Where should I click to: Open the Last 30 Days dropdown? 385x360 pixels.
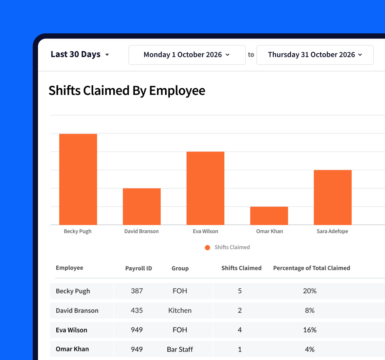click(x=80, y=54)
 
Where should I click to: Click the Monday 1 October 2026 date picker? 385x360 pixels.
click(x=187, y=55)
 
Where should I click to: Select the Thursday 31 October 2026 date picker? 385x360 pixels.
click(x=315, y=55)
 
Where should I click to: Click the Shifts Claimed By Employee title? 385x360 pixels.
click(x=127, y=91)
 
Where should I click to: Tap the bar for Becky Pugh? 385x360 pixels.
click(x=78, y=179)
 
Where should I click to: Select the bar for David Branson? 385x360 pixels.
click(x=142, y=207)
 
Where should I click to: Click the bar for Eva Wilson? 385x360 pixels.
click(x=205, y=188)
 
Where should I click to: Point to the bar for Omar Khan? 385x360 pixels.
click(x=269, y=216)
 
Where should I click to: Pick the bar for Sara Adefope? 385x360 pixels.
click(x=333, y=197)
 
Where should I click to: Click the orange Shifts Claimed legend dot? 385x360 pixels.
click(x=207, y=247)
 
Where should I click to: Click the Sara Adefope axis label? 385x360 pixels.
click(x=332, y=231)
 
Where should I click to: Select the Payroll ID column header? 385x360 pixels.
click(x=138, y=268)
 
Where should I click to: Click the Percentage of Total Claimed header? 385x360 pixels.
click(x=311, y=268)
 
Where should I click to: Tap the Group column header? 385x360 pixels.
click(x=180, y=268)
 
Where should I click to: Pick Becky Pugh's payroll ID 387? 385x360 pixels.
click(x=137, y=291)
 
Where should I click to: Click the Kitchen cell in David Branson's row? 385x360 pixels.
click(x=180, y=311)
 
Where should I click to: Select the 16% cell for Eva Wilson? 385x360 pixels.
click(x=310, y=330)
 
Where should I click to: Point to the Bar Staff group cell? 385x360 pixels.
click(x=180, y=349)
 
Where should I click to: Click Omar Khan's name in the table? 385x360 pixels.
click(x=72, y=349)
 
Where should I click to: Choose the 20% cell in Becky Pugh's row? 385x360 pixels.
click(x=310, y=291)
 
